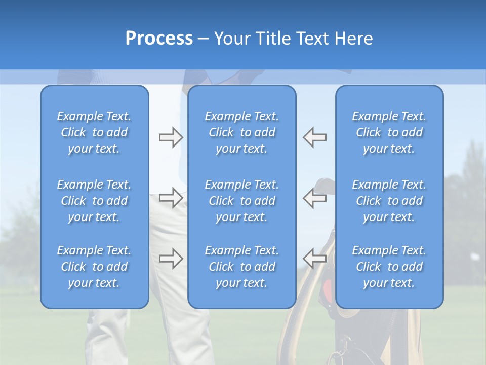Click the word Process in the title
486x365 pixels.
click(159, 39)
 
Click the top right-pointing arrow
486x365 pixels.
click(171, 137)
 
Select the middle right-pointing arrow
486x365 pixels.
click(171, 197)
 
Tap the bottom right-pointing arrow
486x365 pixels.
click(171, 258)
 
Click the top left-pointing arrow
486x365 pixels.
click(314, 137)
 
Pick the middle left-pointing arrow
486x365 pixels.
click(314, 197)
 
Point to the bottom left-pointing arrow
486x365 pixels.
click(314, 258)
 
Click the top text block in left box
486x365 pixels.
click(94, 132)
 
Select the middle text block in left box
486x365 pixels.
click(94, 201)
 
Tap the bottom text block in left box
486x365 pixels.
click(94, 267)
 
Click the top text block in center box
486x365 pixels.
click(241, 132)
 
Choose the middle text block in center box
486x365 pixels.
click(241, 201)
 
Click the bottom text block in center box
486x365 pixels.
click(241, 267)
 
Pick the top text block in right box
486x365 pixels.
click(389, 132)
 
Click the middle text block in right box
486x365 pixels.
click(389, 201)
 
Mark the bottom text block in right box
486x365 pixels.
click(389, 267)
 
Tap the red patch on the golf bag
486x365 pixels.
click(328, 289)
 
